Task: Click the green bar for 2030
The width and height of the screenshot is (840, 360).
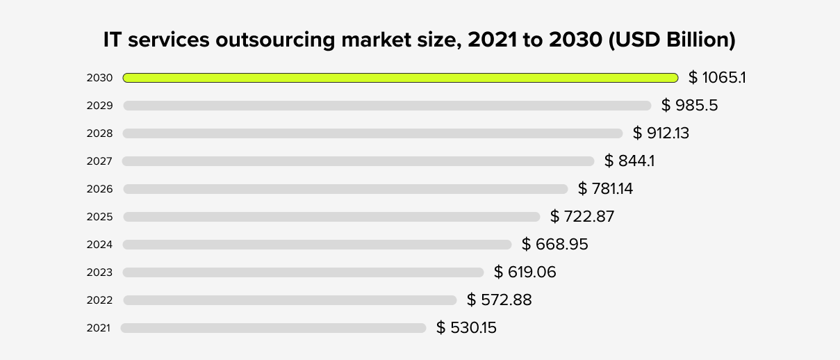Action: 400,78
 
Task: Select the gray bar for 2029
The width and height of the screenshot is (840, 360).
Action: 387,106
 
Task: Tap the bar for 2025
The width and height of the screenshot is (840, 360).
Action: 331,217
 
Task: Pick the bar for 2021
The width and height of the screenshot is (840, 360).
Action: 273,328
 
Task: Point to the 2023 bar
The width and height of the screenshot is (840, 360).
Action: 303,272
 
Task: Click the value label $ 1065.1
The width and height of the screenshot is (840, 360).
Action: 717,77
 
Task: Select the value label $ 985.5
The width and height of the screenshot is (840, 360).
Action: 689,106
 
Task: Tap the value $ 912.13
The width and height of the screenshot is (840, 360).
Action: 661,133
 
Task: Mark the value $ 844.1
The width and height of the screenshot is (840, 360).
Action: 629,161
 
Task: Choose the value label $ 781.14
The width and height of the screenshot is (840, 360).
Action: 605,188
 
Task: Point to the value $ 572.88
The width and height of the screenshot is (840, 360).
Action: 499,300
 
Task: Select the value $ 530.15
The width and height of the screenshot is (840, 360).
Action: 466,327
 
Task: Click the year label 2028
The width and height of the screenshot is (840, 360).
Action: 99,133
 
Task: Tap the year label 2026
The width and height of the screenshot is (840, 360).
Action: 99,189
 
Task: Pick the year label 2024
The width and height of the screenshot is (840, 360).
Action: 99,245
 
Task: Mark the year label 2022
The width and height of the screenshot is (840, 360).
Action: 99,300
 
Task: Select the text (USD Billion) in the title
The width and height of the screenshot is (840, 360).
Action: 672,40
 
